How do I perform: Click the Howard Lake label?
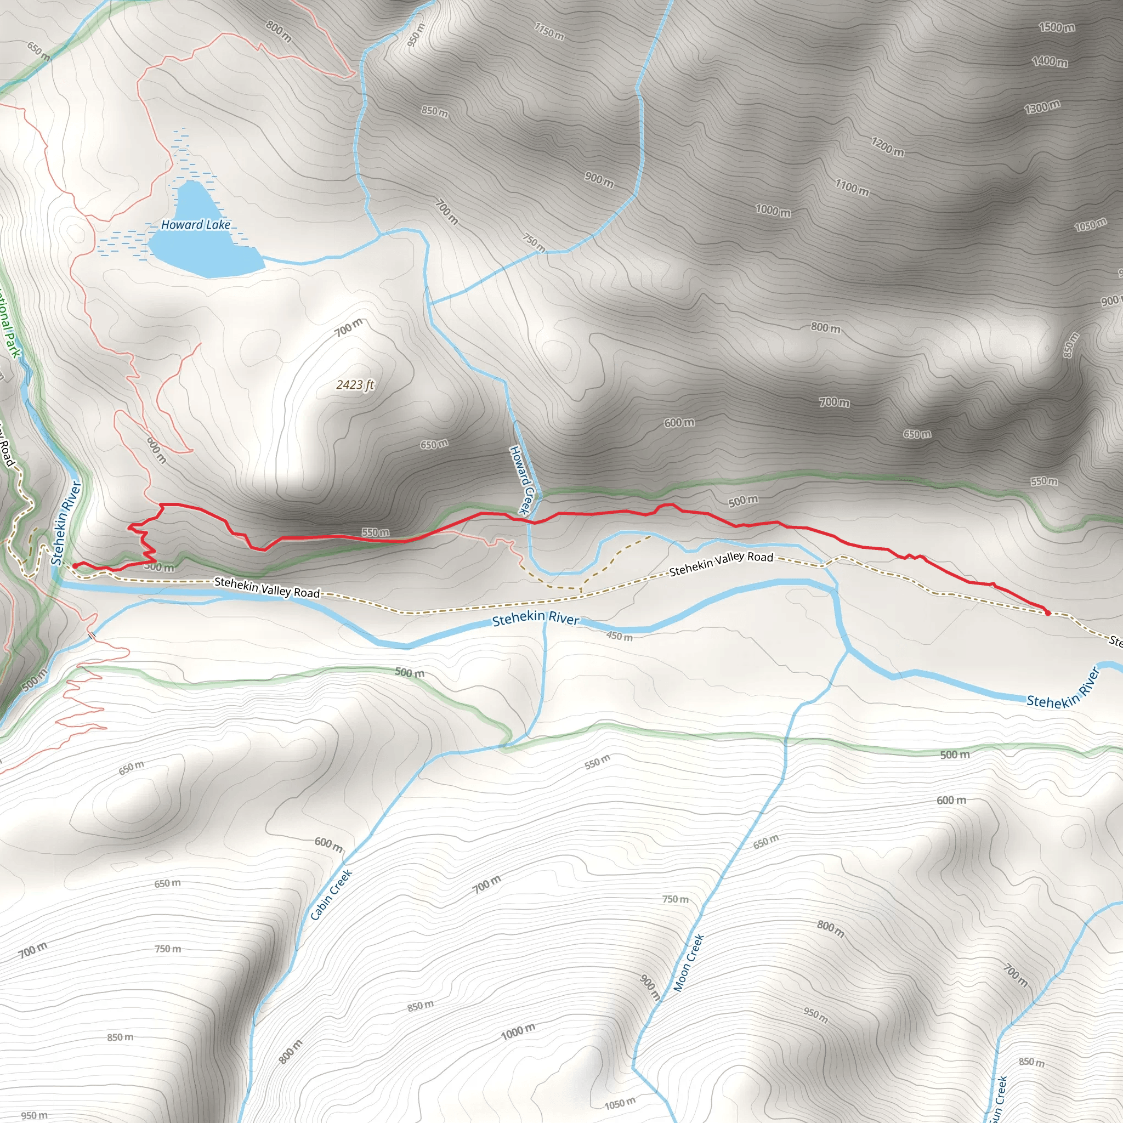pos(195,224)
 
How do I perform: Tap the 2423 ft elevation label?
pos(355,385)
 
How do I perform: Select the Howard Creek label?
pos(521,480)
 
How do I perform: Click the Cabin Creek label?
pos(331,895)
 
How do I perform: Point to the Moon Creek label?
pos(689,962)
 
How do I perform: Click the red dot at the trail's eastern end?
pos(1047,612)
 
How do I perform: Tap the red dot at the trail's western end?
pos(75,565)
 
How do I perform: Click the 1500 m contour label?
pos(1057,27)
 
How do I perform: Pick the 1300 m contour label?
pos(1042,107)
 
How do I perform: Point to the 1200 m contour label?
pos(888,146)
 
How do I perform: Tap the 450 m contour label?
pos(620,636)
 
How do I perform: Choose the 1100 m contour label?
pos(852,187)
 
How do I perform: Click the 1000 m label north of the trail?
pos(773,210)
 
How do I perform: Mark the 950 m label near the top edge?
pos(416,35)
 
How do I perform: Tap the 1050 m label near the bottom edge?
pos(620,1103)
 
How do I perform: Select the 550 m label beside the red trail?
pos(376,532)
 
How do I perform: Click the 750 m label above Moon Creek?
pos(676,899)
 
